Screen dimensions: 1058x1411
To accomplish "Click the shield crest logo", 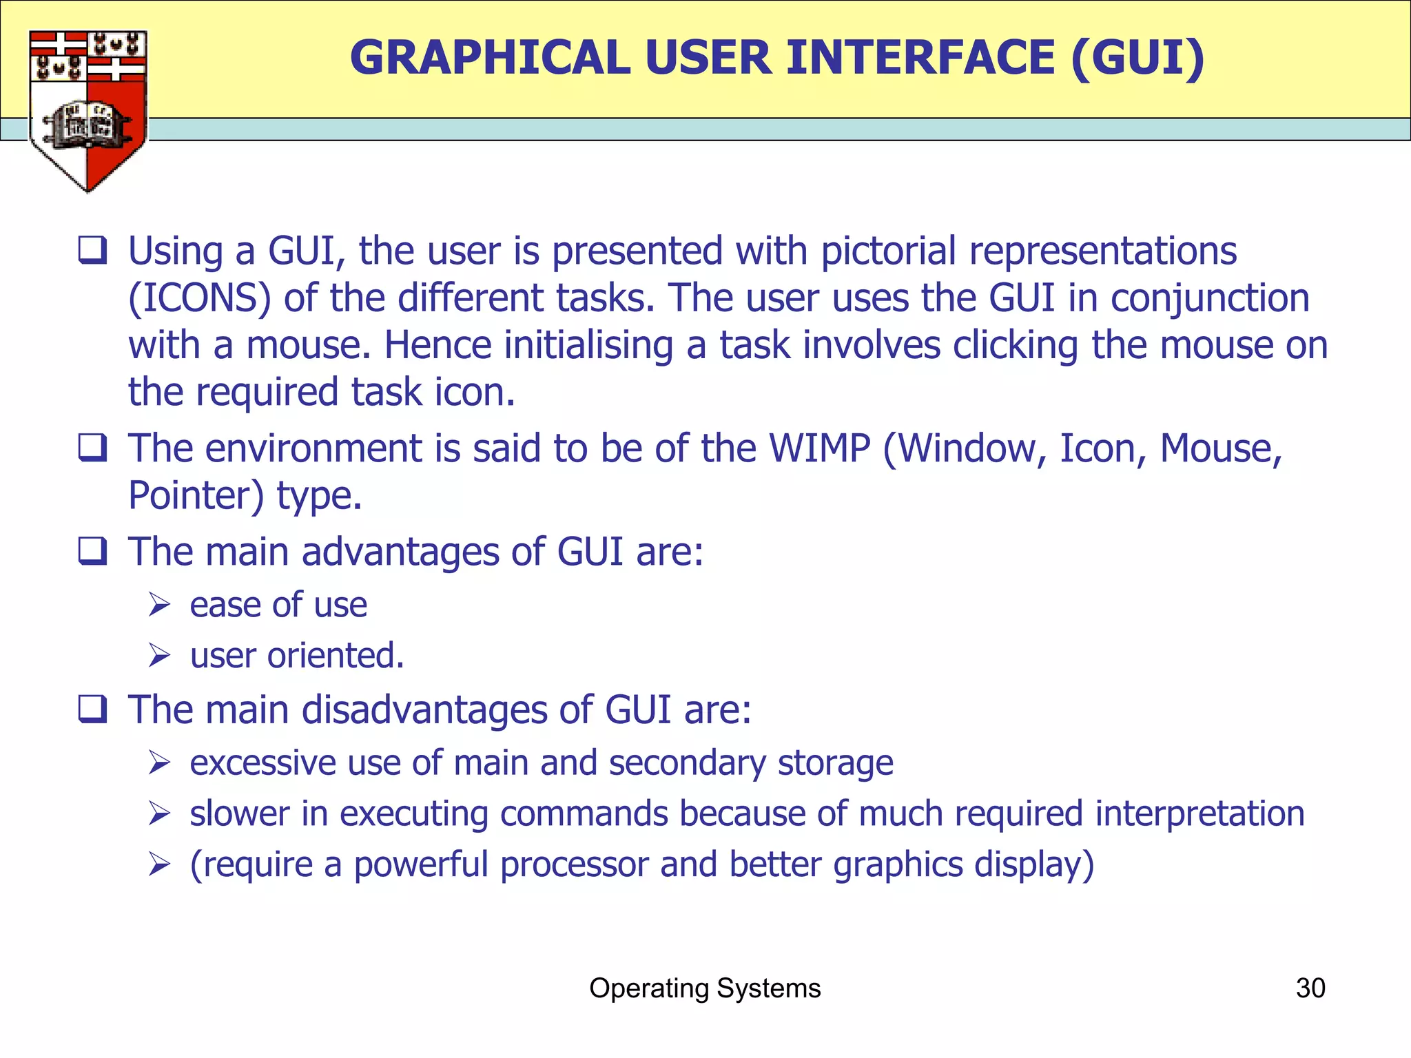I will (87, 110).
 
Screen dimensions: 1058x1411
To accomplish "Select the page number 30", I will (1310, 988).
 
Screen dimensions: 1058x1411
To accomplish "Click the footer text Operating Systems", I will (705, 988).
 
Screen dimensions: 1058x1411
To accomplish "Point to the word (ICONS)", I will (200, 298).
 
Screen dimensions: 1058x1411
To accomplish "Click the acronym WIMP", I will (820, 448).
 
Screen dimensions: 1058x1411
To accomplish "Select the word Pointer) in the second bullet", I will (196, 496).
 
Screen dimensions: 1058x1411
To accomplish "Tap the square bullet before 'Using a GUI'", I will (92, 250).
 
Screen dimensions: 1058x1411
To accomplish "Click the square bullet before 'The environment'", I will (92, 448).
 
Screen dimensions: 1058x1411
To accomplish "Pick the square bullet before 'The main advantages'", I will (92, 552).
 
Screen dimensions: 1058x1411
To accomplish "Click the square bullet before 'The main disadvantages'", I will (92, 709).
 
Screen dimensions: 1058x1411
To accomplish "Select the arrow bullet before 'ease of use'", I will (159, 605).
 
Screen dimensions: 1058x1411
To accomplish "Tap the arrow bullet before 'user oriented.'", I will (159, 656).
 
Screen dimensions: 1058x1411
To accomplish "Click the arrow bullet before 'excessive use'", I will (159, 763).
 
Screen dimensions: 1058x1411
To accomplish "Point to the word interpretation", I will (1199, 813).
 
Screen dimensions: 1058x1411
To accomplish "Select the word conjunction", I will (1210, 298).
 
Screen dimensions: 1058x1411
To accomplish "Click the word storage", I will (835, 763).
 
